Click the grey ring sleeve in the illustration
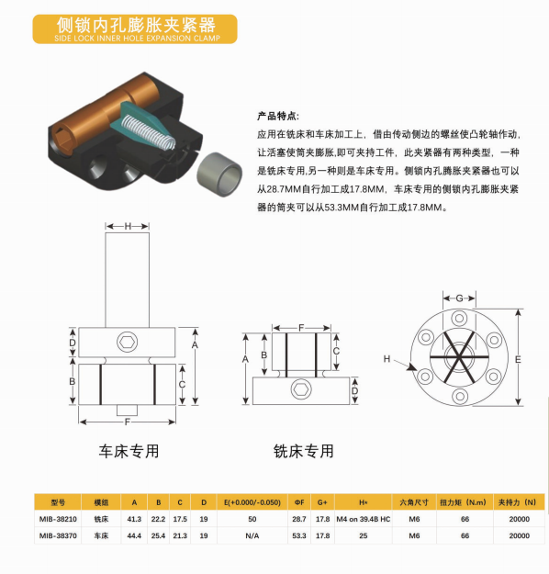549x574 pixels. [x=219, y=174]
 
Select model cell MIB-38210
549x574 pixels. [x=58, y=519]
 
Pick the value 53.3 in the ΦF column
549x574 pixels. [x=299, y=535]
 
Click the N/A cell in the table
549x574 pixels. [x=252, y=535]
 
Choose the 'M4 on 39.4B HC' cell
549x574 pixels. [x=364, y=519]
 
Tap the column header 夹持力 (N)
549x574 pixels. [x=517, y=502]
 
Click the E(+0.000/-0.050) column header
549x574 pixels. [x=252, y=502]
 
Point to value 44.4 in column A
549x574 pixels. [x=134, y=535]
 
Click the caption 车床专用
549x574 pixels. [x=129, y=451]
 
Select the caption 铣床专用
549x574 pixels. [x=303, y=451]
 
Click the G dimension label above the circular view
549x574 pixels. [x=459, y=298]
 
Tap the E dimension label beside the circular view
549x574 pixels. [x=518, y=359]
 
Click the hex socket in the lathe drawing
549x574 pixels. [x=128, y=342]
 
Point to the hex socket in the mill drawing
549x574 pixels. [x=301, y=389]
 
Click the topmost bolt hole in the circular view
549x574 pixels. [x=459, y=318]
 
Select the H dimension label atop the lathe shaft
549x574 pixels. [x=128, y=226]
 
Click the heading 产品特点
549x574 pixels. [x=277, y=117]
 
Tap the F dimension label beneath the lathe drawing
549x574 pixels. [x=128, y=422]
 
